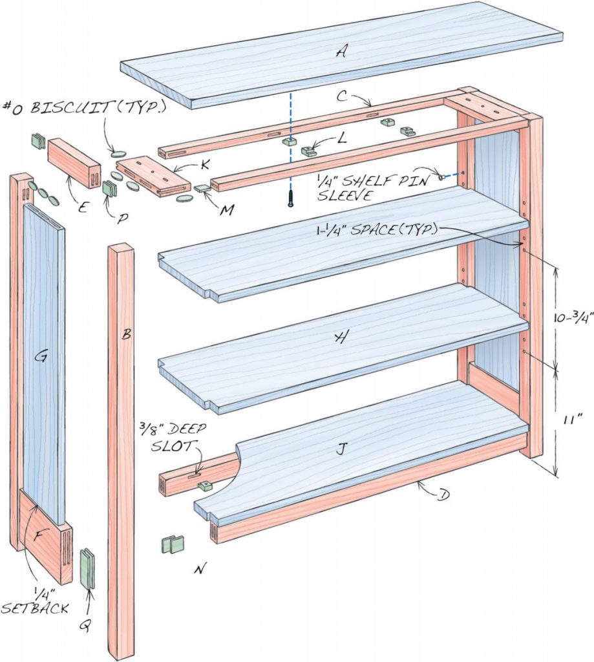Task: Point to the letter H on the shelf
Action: pos(339,337)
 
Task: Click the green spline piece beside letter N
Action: pos(173,544)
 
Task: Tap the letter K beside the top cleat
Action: pos(204,165)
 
